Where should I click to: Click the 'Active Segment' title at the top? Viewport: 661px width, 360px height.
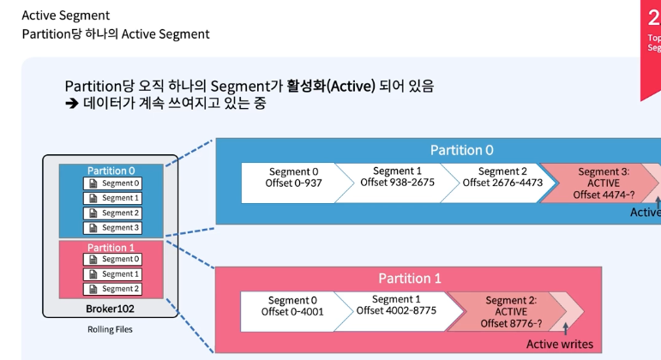65,15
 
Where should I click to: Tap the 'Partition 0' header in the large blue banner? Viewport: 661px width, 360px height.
461,150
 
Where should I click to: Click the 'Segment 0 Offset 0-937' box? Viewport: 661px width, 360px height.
294,177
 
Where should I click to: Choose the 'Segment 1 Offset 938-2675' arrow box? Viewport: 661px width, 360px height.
397,177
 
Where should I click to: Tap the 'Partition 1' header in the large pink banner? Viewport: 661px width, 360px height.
410,279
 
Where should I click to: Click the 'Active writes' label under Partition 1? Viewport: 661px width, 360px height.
559,345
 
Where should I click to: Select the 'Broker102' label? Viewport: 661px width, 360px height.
110,309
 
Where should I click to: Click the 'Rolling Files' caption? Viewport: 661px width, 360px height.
110,329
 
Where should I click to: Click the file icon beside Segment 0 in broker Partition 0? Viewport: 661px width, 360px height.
92,183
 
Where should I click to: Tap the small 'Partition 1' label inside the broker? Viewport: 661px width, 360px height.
111,248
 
